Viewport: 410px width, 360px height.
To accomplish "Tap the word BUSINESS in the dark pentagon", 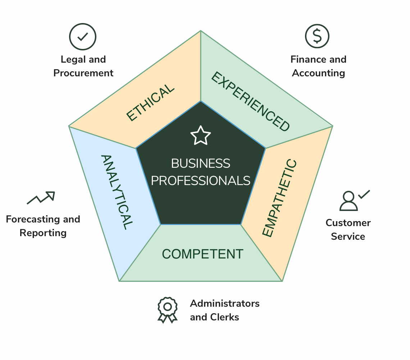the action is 201,163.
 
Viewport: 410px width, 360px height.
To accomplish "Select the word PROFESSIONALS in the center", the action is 201,181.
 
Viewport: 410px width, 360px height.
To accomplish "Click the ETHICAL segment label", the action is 150,102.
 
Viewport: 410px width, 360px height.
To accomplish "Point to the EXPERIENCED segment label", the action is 251,101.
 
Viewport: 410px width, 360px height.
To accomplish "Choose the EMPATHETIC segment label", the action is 279,198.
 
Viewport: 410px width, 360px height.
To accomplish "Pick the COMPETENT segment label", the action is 202,254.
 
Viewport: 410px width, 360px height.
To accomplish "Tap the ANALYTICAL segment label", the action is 117,192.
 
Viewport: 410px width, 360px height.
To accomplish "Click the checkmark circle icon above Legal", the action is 83,37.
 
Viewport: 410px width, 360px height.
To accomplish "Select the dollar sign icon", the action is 317,36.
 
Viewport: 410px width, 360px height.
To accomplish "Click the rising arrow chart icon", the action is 41,198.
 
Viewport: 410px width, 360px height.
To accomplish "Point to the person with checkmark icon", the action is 354,201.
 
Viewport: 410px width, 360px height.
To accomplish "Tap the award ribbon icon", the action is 168,310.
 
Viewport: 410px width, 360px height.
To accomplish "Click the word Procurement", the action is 83,73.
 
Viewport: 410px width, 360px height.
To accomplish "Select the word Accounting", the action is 319,73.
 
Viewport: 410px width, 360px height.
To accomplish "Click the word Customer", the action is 348,223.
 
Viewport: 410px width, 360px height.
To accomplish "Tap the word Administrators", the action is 225,303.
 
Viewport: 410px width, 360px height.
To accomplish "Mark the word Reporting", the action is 43,233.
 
